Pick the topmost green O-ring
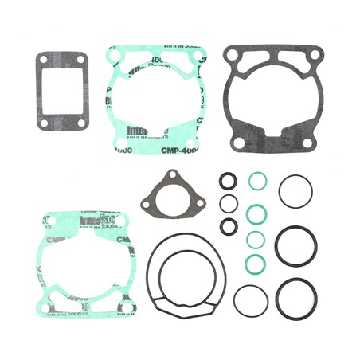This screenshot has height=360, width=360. (256, 182)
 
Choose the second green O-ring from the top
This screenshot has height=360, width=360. (256, 213)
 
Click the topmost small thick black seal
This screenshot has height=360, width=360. (229, 180)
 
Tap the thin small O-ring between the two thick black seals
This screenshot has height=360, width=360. (228, 202)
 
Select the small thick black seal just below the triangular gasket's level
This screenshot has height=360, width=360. (229, 225)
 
